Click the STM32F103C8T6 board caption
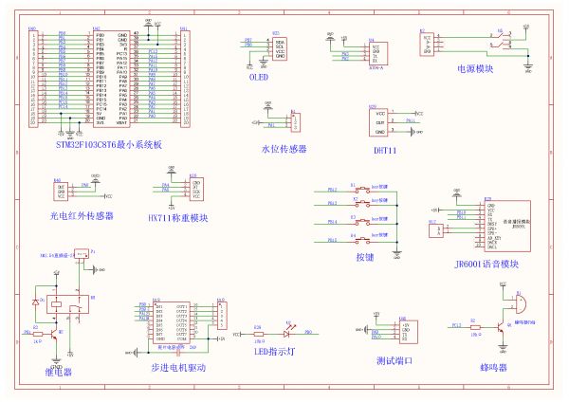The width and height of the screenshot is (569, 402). click(x=110, y=144)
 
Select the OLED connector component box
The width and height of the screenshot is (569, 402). click(x=279, y=48)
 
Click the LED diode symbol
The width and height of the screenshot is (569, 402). click(x=285, y=334)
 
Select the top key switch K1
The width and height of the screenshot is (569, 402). click(x=363, y=191)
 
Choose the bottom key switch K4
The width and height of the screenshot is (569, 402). click(x=363, y=240)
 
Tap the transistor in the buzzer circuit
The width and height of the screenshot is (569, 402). click(x=499, y=322)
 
